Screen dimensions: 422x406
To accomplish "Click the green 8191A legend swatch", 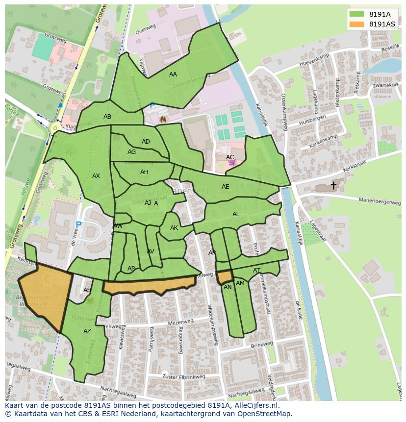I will pos(356,14).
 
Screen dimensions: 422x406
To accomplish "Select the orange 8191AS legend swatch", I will pos(356,24).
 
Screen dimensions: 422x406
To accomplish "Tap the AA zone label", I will pos(173,74).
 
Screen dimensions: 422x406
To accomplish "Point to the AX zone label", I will pos(96,176).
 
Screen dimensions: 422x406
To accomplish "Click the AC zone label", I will pos(230,157).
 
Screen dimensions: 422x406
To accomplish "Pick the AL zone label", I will pos(236,214).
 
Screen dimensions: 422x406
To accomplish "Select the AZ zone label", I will pos(87,331).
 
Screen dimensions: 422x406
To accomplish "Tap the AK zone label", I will pos(174,228).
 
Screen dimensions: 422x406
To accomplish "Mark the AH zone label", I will pos(144,172).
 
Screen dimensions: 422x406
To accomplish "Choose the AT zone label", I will pos(256,271).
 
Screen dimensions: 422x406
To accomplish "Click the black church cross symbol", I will pos(333,185).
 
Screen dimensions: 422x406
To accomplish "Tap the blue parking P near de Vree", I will pos(78,225).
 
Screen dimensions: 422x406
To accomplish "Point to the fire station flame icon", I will pos(163,119).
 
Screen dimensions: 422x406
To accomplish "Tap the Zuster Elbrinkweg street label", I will pos(183,376).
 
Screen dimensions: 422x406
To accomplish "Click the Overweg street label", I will pos(145,29).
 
